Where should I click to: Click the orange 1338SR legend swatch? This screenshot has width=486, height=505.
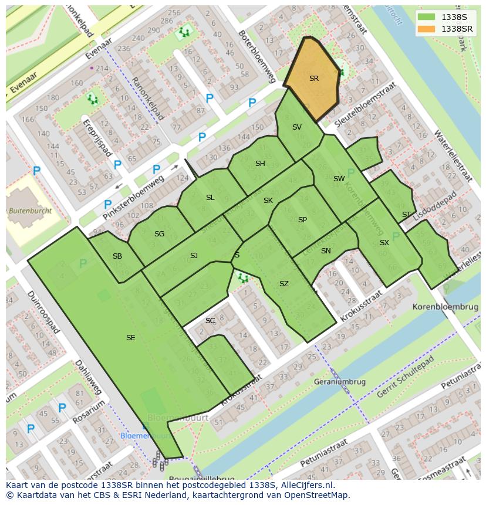click(x=427, y=29)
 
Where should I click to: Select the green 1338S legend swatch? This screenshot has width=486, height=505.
click(x=427, y=17)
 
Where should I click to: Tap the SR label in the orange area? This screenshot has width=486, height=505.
click(x=313, y=78)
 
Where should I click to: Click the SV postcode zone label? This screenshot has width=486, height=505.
click(x=297, y=127)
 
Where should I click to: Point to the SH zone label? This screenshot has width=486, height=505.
click(x=260, y=164)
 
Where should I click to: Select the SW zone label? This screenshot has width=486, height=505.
click(x=339, y=178)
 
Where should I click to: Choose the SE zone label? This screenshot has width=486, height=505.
click(x=130, y=337)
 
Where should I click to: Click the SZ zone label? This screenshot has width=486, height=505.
click(x=284, y=284)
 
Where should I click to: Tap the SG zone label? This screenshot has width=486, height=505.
click(x=159, y=234)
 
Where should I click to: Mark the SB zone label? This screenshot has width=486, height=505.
click(x=117, y=256)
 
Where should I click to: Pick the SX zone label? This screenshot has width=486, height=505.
click(x=384, y=242)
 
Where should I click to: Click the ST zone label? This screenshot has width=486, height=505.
click(x=406, y=215)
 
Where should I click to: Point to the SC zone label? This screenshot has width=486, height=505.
click(x=210, y=321)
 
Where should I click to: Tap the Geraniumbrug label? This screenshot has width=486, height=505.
click(x=340, y=382)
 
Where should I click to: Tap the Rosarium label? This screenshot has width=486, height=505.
click(x=89, y=413)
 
